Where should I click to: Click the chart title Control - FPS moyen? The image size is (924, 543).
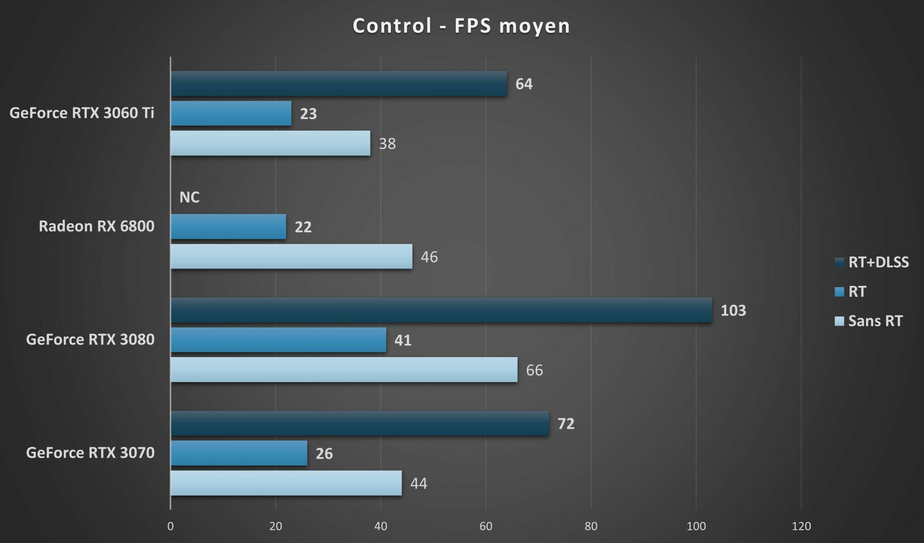click(461, 26)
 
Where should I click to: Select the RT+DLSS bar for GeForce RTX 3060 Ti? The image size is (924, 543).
click(339, 84)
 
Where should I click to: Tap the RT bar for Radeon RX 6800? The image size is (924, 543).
click(228, 227)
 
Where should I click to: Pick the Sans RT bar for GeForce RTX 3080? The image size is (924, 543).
click(344, 370)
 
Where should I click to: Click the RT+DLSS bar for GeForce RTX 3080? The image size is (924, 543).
click(441, 310)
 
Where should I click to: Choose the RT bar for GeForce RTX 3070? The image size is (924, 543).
click(239, 453)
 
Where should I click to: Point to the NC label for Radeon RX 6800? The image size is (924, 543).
click(189, 197)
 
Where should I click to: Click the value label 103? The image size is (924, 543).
click(733, 311)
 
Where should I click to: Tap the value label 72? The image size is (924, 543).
click(566, 424)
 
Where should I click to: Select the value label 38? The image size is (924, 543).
click(387, 144)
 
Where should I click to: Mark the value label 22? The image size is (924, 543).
click(303, 227)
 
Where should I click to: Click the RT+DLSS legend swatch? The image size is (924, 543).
click(839, 262)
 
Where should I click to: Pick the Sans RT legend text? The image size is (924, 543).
click(875, 321)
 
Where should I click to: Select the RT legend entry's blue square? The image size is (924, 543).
click(839, 292)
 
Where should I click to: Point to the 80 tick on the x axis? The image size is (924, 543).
click(591, 526)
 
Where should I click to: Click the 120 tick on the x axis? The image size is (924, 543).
click(801, 526)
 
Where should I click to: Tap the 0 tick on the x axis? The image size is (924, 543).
click(170, 526)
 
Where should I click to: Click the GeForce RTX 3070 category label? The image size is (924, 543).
click(90, 453)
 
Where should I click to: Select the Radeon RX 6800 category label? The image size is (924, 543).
click(96, 226)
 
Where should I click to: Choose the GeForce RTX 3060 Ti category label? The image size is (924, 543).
click(82, 113)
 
